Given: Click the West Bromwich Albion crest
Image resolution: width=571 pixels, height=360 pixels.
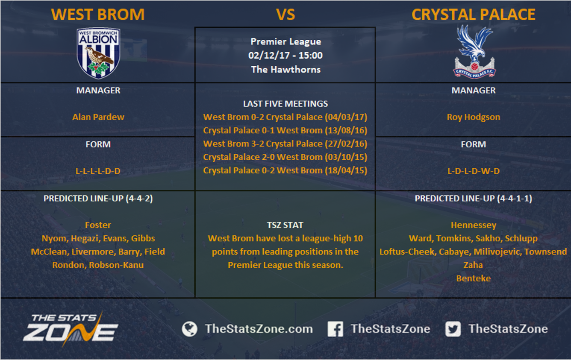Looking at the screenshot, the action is click(x=98, y=53).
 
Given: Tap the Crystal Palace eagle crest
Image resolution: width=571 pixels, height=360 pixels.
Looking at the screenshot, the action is click(x=474, y=51).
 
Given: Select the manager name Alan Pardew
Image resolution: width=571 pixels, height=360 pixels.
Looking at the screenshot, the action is click(x=98, y=117).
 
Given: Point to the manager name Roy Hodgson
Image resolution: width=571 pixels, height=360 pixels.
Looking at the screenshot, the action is click(x=474, y=117).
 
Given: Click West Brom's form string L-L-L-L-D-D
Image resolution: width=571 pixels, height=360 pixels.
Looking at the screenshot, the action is click(x=98, y=171).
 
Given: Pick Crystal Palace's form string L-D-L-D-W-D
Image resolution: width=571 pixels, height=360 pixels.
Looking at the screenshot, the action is click(x=474, y=171).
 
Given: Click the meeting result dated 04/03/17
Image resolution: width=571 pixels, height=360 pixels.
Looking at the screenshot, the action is click(x=285, y=117).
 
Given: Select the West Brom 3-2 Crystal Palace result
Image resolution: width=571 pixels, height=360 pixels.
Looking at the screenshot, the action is click(x=285, y=143).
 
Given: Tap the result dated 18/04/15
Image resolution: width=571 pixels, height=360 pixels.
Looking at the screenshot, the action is click(x=285, y=170).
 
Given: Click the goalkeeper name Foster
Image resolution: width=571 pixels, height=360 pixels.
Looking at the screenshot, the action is click(x=98, y=225).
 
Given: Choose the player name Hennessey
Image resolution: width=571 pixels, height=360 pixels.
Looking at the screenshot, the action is click(x=474, y=225).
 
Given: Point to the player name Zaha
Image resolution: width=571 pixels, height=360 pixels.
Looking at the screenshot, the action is click(x=473, y=265).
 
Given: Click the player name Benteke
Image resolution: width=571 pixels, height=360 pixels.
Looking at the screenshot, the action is click(x=474, y=278).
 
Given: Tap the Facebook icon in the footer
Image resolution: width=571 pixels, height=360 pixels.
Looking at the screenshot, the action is click(x=335, y=329).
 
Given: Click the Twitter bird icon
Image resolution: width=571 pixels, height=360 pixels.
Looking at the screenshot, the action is click(x=453, y=329).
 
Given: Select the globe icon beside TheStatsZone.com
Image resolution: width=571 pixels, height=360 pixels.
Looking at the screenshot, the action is click(x=189, y=329).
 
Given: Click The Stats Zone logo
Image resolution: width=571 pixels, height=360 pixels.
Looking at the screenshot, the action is click(x=71, y=329).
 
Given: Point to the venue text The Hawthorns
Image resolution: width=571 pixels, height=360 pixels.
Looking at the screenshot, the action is click(x=286, y=70).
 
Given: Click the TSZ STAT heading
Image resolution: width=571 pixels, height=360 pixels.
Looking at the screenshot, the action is click(x=285, y=225).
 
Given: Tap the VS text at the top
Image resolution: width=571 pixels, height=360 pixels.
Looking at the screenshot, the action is click(x=285, y=15).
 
